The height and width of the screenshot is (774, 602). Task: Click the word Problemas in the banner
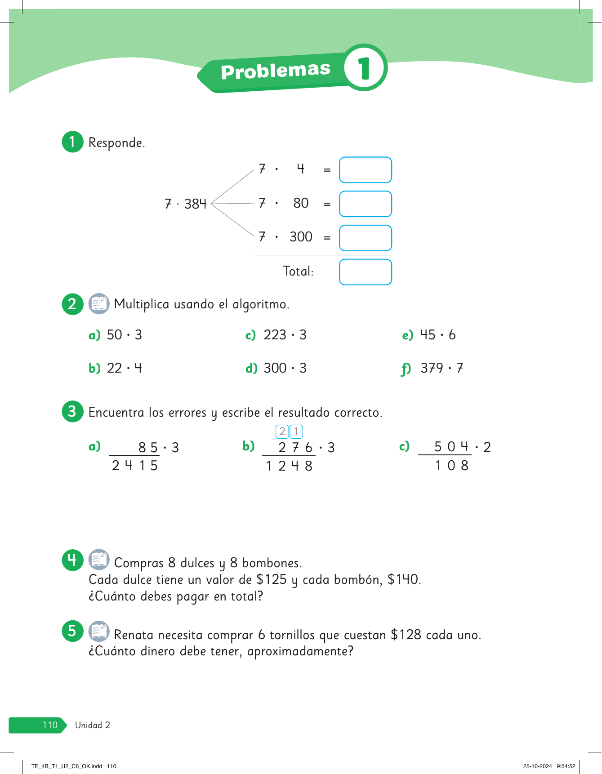click(x=276, y=71)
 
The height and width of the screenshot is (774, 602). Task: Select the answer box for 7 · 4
click(x=365, y=170)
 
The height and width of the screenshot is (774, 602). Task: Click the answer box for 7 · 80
click(x=365, y=204)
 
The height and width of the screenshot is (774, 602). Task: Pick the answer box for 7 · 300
click(x=365, y=238)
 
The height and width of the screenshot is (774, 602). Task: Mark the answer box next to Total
click(x=365, y=272)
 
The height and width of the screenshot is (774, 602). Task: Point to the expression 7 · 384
click(x=185, y=204)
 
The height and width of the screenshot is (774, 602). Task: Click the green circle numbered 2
click(x=72, y=304)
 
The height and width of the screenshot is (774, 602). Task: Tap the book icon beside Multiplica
click(x=99, y=303)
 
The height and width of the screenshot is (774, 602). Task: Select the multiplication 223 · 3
click(x=285, y=335)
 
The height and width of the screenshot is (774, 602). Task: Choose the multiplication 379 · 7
click(x=441, y=368)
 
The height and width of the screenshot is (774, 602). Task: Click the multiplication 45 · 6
click(x=437, y=335)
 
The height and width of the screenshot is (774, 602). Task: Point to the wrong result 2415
click(x=135, y=466)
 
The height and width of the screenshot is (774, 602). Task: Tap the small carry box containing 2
click(x=282, y=431)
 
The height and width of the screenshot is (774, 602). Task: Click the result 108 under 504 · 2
click(x=451, y=466)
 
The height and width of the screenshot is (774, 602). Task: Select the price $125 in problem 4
click(x=272, y=579)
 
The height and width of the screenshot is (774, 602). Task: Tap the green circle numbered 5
click(x=72, y=631)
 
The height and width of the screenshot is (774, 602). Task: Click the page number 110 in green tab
click(x=50, y=725)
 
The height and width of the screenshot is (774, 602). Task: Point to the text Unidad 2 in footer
click(x=93, y=725)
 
